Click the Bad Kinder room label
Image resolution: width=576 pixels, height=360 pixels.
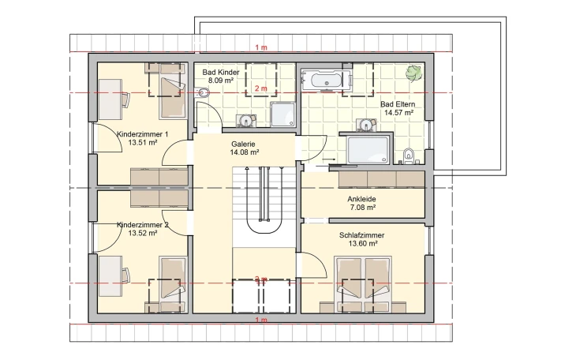pyautogui.click(x=221, y=73)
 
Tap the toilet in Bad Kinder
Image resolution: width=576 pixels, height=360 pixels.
pyautogui.click(x=202, y=92)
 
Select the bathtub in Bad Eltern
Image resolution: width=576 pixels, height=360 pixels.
pyautogui.click(x=326, y=81)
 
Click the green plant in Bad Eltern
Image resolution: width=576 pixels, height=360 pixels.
pyautogui.click(x=413, y=73)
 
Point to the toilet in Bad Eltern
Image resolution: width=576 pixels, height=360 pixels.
pyautogui.click(x=408, y=156)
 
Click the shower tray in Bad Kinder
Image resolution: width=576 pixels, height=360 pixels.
pyautogui.click(x=282, y=114)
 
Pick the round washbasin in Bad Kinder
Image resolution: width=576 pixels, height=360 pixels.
pyautogui.click(x=245, y=120)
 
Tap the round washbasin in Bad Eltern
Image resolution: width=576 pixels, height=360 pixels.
pyautogui.click(x=366, y=125)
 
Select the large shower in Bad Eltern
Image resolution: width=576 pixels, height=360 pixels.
pyautogui.click(x=368, y=150)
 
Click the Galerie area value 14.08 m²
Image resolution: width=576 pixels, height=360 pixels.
pyautogui.click(x=245, y=152)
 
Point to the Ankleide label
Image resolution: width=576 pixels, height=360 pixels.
pyautogui.click(x=361, y=199)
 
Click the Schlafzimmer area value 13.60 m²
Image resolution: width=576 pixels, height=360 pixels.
pyautogui.click(x=363, y=243)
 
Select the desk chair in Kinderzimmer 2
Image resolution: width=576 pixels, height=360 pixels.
pyautogui.click(x=125, y=276)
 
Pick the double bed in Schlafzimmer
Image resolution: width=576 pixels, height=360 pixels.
pyautogui.click(x=363, y=285)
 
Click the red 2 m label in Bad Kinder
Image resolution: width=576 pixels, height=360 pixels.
pyautogui.click(x=261, y=88)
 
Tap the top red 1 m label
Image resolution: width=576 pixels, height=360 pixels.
pyautogui.click(x=261, y=47)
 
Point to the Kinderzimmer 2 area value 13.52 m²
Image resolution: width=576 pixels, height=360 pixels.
pyautogui.click(x=143, y=233)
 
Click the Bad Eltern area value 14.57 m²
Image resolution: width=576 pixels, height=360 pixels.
pyautogui.click(x=399, y=113)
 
